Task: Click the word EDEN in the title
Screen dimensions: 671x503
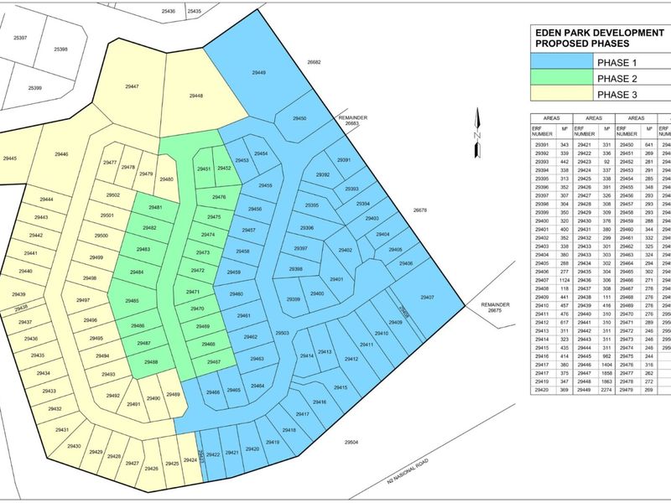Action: pyautogui.click(x=552, y=33)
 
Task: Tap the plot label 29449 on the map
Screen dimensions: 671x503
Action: pyautogui.click(x=259, y=74)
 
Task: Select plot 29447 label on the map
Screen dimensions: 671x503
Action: pyautogui.click(x=131, y=86)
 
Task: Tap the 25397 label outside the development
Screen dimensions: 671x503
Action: pyautogui.click(x=20, y=38)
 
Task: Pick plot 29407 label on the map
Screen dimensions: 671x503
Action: pyautogui.click(x=427, y=298)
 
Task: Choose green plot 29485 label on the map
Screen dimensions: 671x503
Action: pyautogui.click(x=132, y=300)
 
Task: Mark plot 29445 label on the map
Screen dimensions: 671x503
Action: pyautogui.click(x=9, y=158)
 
